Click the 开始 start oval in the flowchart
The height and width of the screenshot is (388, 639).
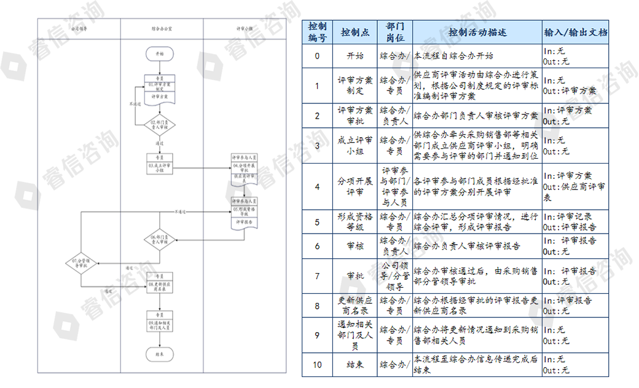[160, 55]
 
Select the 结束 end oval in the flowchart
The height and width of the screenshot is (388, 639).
[159, 354]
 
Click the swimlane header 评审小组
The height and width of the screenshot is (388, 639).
[244, 28]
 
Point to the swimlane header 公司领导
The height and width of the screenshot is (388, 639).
[79, 28]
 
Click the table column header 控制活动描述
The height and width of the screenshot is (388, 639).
[477, 32]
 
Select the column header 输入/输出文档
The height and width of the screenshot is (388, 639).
[575, 32]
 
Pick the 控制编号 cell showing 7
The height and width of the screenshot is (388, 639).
[317, 276]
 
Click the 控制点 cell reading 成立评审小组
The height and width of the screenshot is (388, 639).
[355, 146]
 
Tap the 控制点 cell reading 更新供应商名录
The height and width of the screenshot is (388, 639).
[355, 306]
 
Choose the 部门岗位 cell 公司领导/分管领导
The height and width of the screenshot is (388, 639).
[394, 276]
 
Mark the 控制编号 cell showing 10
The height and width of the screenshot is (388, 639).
[317, 365]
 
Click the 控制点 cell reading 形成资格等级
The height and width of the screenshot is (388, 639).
[355, 221]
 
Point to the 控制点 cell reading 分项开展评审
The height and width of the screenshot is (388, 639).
[355, 186]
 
